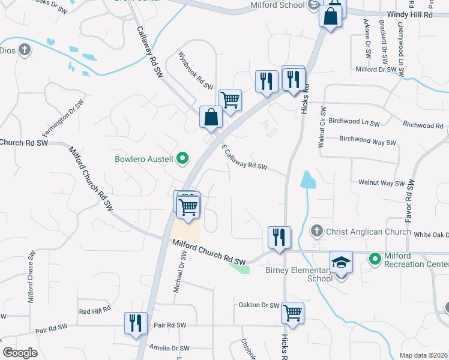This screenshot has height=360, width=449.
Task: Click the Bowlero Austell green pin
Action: coord(184,159)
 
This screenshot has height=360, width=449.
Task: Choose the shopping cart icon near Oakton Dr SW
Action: coord(292,312)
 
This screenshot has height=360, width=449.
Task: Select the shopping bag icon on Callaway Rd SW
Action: coord(211,117)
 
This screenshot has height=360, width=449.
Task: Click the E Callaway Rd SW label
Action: coord(244,158)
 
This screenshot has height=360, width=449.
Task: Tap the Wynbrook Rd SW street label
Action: coord(196,70)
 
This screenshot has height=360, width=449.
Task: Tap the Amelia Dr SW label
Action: coord(168,348)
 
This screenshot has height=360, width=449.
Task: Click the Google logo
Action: coord(20,353)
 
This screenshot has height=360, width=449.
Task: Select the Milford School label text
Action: coord(278,5)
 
